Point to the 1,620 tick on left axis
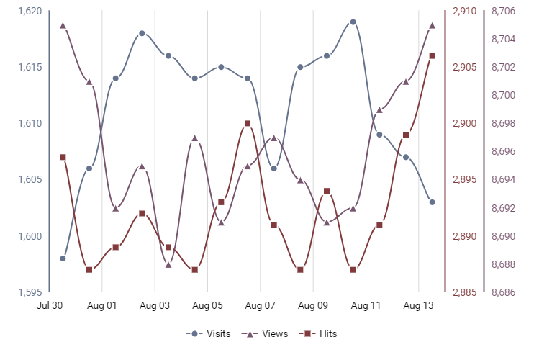point(30,12)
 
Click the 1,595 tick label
point(30,292)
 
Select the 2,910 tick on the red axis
point(464,12)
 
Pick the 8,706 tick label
point(503,12)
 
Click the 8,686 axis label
point(503,292)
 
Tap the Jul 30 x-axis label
point(50,305)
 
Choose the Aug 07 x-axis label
point(261,305)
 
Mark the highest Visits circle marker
point(353,22)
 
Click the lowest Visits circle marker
point(63,258)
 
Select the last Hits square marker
point(432,55)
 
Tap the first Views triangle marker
point(63,25)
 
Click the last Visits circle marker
point(432,202)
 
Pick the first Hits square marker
point(63,157)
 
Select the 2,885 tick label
point(464,292)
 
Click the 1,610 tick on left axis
point(30,124)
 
